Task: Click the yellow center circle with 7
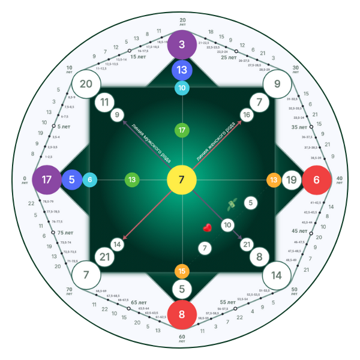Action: coord(181,180)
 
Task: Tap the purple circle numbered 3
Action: coord(182,45)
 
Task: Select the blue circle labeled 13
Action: coord(182,70)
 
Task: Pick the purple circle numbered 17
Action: coord(46,179)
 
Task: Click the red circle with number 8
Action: coord(182,314)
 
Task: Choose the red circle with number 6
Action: coord(316,179)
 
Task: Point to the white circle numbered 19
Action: coord(292,180)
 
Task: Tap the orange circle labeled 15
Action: coord(182,271)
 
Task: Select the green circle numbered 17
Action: coord(182,130)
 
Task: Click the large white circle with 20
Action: coord(86,84)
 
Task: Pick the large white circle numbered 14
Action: coord(277,275)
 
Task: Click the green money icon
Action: coord(231,205)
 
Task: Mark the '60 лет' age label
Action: coord(182,339)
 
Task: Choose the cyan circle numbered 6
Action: coord(90,179)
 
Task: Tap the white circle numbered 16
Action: coord(246,115)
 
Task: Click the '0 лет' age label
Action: coord(25,180)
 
